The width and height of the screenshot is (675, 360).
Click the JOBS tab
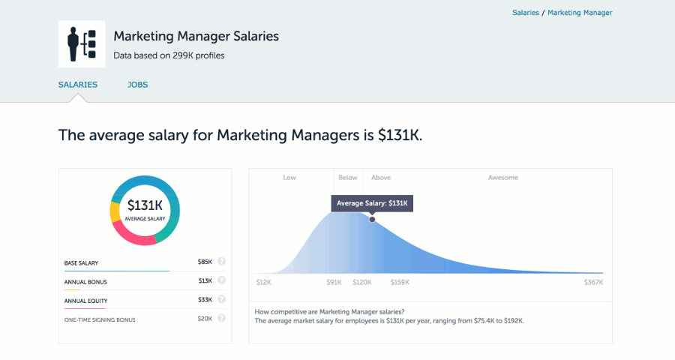click(137, 85)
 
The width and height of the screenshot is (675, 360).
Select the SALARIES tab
click(78, 85)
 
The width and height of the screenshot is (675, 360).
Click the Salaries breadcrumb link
click(525, 13)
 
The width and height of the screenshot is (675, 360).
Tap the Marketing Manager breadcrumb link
click(580, 13)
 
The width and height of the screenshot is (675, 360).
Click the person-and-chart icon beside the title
click(82, 44)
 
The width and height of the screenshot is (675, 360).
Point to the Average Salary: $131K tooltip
click(372, 203)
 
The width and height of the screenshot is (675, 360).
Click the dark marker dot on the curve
click(372, 219)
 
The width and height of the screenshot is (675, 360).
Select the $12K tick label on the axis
click(263, 283)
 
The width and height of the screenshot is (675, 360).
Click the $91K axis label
click(334, 283)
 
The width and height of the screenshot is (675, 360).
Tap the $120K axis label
click(362, 283)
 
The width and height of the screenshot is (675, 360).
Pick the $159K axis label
click(400, 283)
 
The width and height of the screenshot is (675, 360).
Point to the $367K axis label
click(594, 283)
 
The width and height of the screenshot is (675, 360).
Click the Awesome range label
click(503, 178)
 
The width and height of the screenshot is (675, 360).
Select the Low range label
click(289, 178)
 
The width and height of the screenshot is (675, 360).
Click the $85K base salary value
click(205, 262)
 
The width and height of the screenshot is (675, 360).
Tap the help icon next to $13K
click(221, 281)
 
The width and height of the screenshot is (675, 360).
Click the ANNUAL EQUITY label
click(85, 301)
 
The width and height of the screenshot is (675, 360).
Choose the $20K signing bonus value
click(205, 319)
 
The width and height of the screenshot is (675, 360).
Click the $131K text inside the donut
click(145, 205)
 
